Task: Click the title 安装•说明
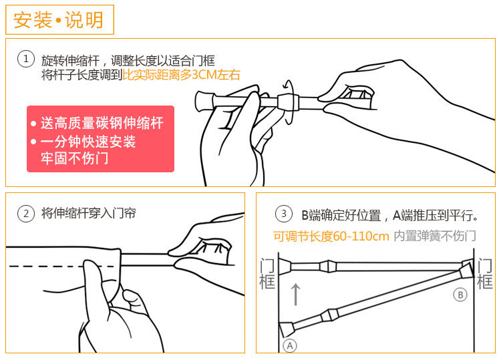[x=59, y=20]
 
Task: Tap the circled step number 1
[x=26, y=59]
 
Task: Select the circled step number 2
[x=26, y=214]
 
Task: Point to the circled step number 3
[x=284, y=214]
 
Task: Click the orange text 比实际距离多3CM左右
[x=181, y=74]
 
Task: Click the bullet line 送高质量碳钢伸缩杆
[x=102, y=123]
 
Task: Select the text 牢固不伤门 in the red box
[x=74, y=158]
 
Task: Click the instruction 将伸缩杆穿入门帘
[x=88, y=213]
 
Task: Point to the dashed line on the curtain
[x=63, y=266]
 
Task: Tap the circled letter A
[x=290, y=345]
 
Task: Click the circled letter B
[x=460, y=295]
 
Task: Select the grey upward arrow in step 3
[x=296, y=294]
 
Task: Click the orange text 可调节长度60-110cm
[x=331, y=236]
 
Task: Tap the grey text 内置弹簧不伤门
[x=435, y=236]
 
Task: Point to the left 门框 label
[x=267, y=274]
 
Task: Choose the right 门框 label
[x=485, y=274]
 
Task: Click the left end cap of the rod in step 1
[x=204, y=102]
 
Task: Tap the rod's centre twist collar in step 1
[x=288, y=102]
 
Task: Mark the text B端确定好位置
[x=341, y=216]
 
